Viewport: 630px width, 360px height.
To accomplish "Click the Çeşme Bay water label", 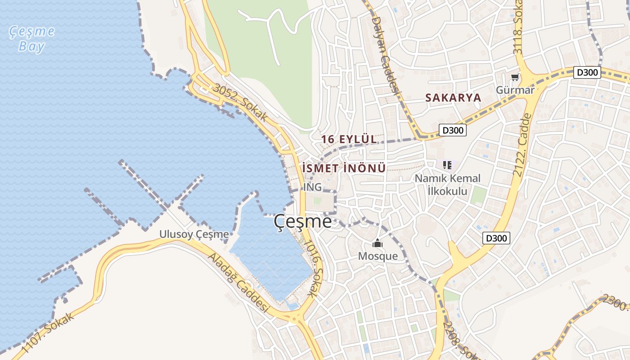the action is (32, 39).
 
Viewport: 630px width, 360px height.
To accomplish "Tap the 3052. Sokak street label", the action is (240, 102).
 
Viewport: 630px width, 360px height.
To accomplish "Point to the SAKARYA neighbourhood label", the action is (453, 97).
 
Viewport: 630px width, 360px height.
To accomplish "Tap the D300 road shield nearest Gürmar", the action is (587, 72).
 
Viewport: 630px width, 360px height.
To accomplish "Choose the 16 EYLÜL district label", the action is (349, 139).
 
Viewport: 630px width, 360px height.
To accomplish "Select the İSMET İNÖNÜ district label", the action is (344, 168).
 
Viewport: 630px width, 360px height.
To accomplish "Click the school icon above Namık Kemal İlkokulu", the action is (447, 165).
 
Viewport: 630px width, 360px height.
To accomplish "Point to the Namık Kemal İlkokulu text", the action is (447, 184).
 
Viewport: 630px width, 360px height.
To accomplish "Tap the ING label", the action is (313, 187).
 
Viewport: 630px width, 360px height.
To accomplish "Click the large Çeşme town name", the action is (302, 221).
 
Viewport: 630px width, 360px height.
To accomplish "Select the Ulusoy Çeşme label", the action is (194, 234).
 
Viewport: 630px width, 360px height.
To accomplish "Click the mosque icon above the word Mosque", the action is (377, 243).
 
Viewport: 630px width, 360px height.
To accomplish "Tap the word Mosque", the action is (378, 256).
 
